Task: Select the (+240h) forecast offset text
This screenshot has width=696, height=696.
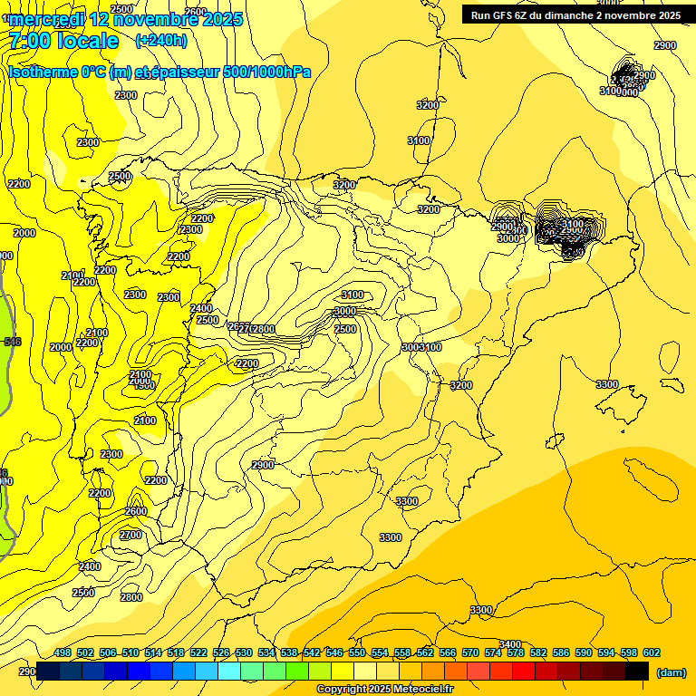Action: click(160, 40)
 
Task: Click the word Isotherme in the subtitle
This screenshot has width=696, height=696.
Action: click(43, 72)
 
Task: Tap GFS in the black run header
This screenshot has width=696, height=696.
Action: click(517, 15)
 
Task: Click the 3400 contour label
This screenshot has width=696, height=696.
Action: click(510, 644)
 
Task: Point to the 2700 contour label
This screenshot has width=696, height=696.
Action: click(130, 535)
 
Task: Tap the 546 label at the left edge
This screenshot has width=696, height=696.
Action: click(12, 342)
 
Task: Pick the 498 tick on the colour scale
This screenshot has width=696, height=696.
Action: click(63, 652)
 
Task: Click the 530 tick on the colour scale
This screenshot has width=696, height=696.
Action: click(244, 652)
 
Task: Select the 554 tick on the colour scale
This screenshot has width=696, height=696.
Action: click(380, 652)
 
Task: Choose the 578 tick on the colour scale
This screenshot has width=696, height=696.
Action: click(516, 652)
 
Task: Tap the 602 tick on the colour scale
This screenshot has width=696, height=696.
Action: click(651, 652)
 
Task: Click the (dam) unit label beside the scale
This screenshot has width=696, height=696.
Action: click(671, 672)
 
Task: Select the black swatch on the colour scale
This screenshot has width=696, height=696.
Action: click(637, 671)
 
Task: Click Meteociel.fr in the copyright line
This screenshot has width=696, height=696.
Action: click(418, 690)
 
